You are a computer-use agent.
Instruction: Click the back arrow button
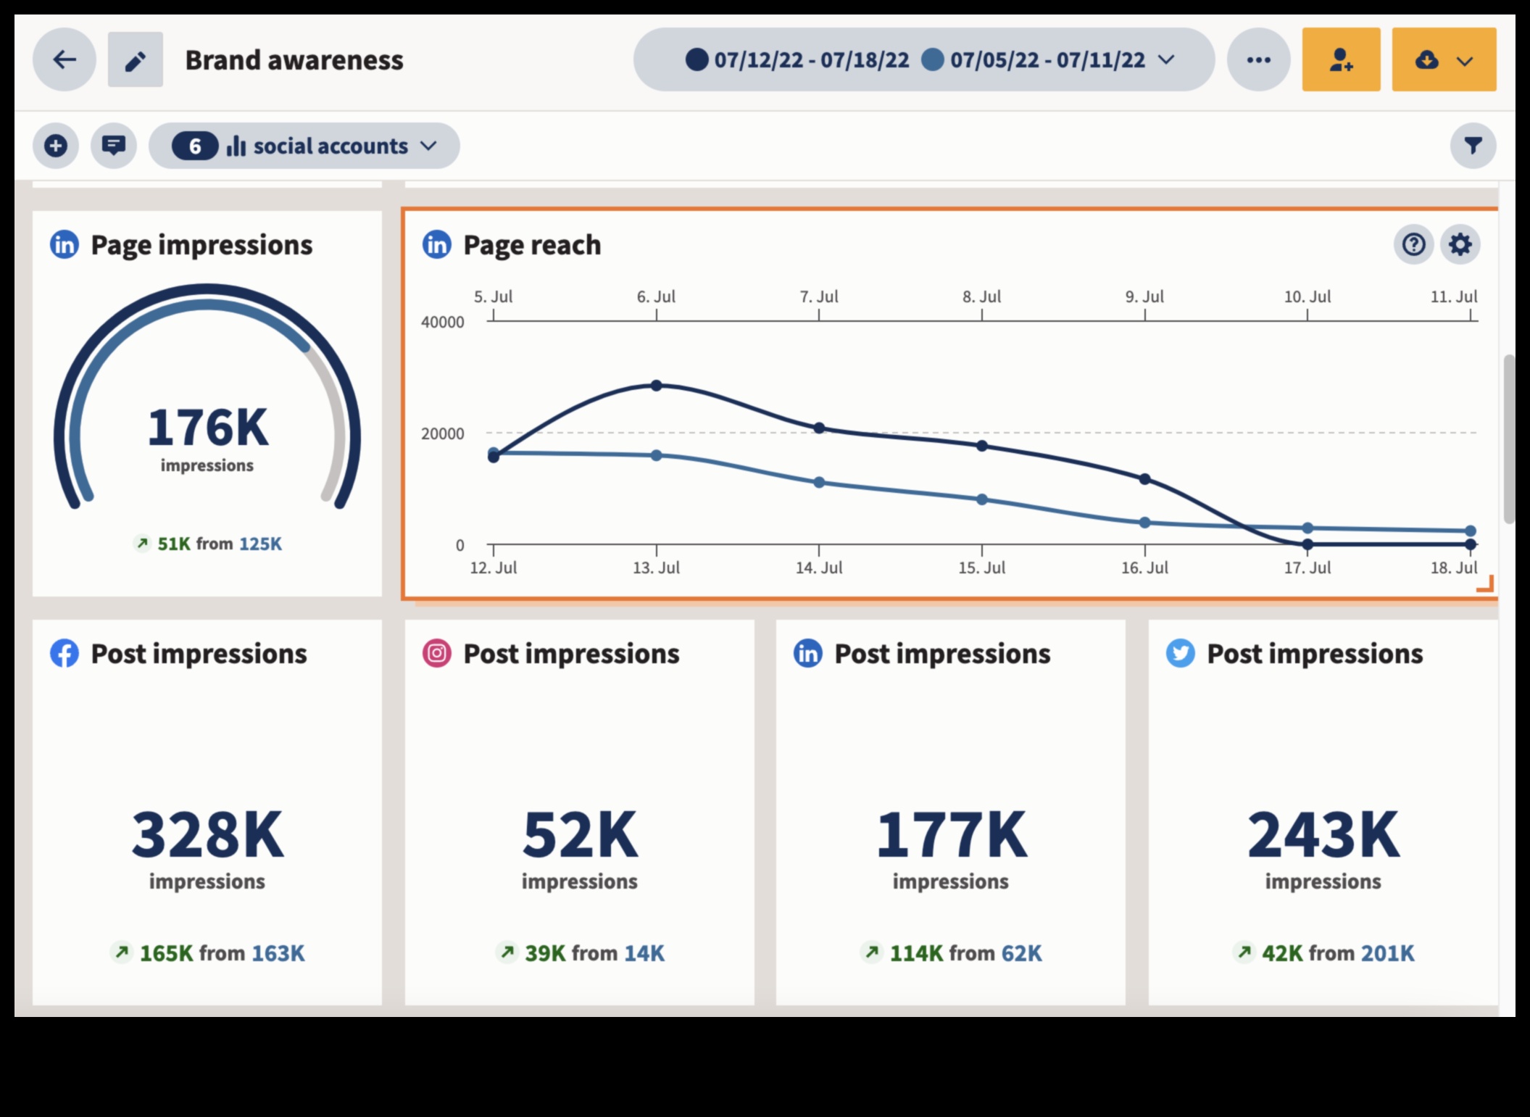coord(65,59)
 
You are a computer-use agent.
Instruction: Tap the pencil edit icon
coord(136,59)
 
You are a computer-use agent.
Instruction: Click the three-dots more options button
coord(1258,59)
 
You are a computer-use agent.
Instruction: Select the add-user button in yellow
coord(1341,59)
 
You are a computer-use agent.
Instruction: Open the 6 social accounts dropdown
coord(304,146)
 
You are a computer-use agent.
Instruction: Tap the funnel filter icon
coord(1473,146)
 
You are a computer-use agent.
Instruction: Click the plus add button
coord(56,146)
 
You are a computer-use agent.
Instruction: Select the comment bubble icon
coord(114,146)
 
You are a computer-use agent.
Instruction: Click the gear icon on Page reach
coord(1460,244)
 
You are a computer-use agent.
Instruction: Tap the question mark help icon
coord(1413,244)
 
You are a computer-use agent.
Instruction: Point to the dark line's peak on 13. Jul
coord(657,386)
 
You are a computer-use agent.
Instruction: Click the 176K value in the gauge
coord(207,428)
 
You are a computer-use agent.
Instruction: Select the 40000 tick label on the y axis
coord(443,323)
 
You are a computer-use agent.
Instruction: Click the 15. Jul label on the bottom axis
coord(982,568)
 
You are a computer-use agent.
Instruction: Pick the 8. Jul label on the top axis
coord(982,296)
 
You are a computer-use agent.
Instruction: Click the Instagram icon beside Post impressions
coord(437,653)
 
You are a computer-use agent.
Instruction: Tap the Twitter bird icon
coord(1180,653)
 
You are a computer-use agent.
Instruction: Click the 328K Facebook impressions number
coord(207,835)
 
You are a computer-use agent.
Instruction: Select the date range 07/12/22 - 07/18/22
coord(811,59)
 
